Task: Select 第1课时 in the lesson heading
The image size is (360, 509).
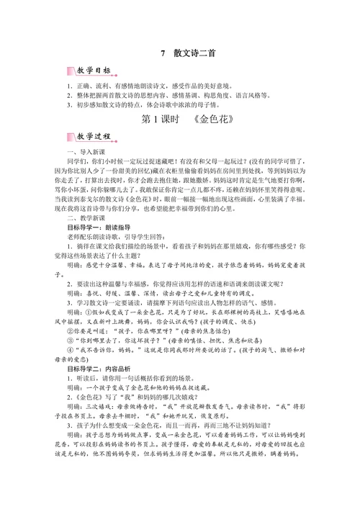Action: [155, 118]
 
